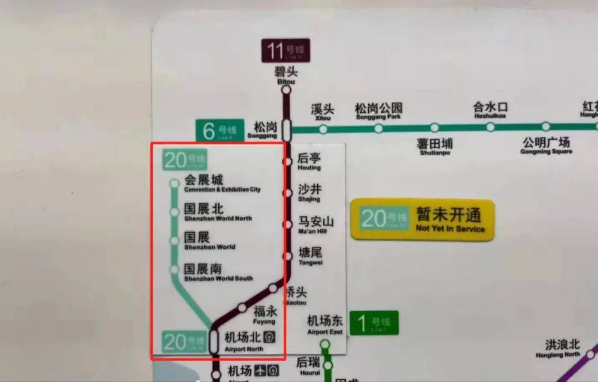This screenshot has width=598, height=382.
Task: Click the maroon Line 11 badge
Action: tap(286, 50)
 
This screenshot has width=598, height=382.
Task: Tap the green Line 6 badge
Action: tap(220, 131)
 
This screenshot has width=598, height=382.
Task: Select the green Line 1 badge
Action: tap(374, 322)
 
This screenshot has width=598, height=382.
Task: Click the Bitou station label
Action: tap(286, 75)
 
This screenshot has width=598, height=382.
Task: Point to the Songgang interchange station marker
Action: tap(286, 130)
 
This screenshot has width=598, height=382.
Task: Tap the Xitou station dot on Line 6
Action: tap(323, 129)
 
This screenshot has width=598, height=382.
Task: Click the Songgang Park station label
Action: tap(378, 111)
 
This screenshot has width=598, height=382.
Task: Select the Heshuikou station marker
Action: tap(490, 127)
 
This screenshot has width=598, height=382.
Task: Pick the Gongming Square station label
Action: tap(546, 145)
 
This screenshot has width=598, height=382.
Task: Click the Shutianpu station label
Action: tap(435, 146)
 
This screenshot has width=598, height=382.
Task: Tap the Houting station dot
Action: tap(287, 161)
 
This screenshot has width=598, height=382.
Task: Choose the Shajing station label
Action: tap(309, 192)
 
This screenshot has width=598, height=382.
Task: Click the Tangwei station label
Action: tap(310, 255)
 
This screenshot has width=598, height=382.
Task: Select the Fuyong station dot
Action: tap(242, 308)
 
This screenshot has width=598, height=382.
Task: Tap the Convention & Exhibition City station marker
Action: tap(174, 183)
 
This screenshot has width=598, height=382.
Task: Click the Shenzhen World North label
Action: tap(218, 212)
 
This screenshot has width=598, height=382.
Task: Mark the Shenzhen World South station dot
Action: tap(174, 270)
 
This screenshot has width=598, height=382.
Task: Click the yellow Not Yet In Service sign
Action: tap(422, 219)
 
